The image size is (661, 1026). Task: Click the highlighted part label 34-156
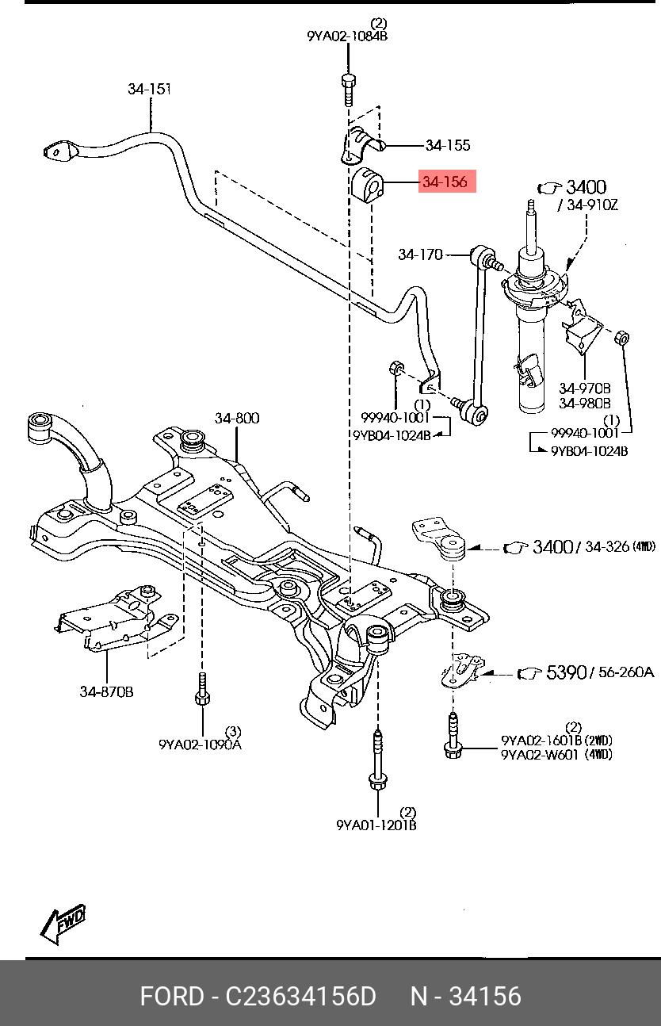(445, 182)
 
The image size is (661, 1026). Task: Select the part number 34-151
(150, 90)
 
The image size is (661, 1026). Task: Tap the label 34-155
(447, 145)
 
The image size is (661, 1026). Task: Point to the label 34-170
(420, 255)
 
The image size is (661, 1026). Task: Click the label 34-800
(236, 418)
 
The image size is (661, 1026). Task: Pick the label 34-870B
(106, 691)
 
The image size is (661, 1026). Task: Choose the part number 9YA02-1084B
(347, 36)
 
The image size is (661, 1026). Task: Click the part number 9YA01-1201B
(376, 825)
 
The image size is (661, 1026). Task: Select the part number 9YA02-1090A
(200, 744)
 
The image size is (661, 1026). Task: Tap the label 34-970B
(584, 388)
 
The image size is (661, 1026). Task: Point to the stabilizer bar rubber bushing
(366, 184)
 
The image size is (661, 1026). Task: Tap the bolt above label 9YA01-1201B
(376, 756)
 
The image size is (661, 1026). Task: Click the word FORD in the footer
(171, 996)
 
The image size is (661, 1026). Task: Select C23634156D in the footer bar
(301, 996)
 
